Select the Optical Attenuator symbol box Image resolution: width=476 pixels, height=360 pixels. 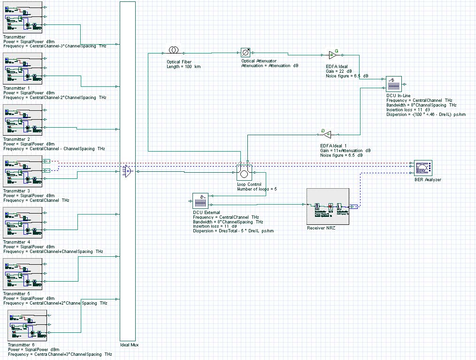pyautogui.click(x=246, y=53)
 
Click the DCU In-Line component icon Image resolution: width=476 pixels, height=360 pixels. pyautogui.click(x=394, y=84)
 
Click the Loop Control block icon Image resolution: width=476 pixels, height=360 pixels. pyautogui.click(x=244, y=173)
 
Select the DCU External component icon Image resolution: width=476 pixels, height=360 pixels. pyautogui.click(x=200, y=201)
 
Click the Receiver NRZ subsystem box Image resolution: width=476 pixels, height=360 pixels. pyautogui.click(x=328, y=207)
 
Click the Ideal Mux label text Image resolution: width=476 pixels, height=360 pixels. pyautogui.click(x=129, y=345)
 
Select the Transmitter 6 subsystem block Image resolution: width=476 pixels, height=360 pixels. pyautogui.click(x=27, y=326)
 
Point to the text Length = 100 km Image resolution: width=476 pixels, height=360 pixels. pyautogui.click(x=184, y=67)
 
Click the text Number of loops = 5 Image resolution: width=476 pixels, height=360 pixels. pyautogui.click(x=257, y=189)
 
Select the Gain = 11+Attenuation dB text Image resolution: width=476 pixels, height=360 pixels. pyautogui.click(x=345, y=150)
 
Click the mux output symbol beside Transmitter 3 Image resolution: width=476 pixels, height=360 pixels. pyautogui.click(x=127, y=172)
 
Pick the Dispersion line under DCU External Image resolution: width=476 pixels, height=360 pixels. pyautogui.click(x=233, y=231)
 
